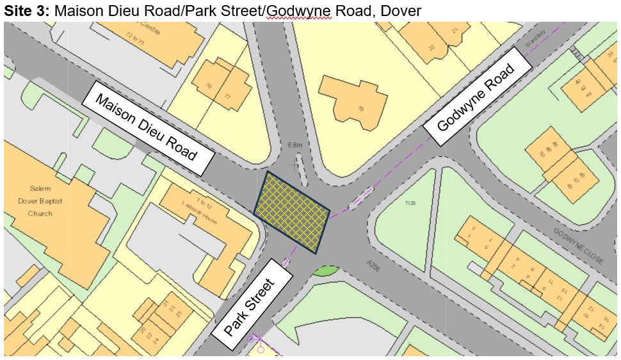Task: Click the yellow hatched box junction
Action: (x=292, y=212)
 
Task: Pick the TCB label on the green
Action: (x=410, y=203)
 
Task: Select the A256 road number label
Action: (x=374, y=265)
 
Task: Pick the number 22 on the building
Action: (x=432, y=47)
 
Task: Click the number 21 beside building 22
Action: (x=455, y=30)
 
